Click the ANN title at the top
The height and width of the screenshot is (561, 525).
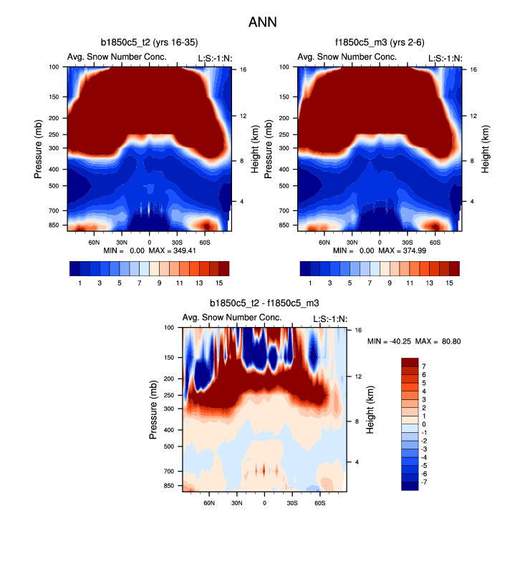(x=262, y=22)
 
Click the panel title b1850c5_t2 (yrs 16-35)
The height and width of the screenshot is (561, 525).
(x=148, y=44)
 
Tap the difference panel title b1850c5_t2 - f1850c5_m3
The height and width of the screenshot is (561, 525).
(x=264, y=304)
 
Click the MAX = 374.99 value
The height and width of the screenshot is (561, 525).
(x=419, y=251)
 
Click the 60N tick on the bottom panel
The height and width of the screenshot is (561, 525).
(x=209, y=503)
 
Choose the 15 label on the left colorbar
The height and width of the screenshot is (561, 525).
(x=218, y=283)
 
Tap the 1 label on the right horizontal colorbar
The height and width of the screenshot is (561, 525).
(x=310, y=283)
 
